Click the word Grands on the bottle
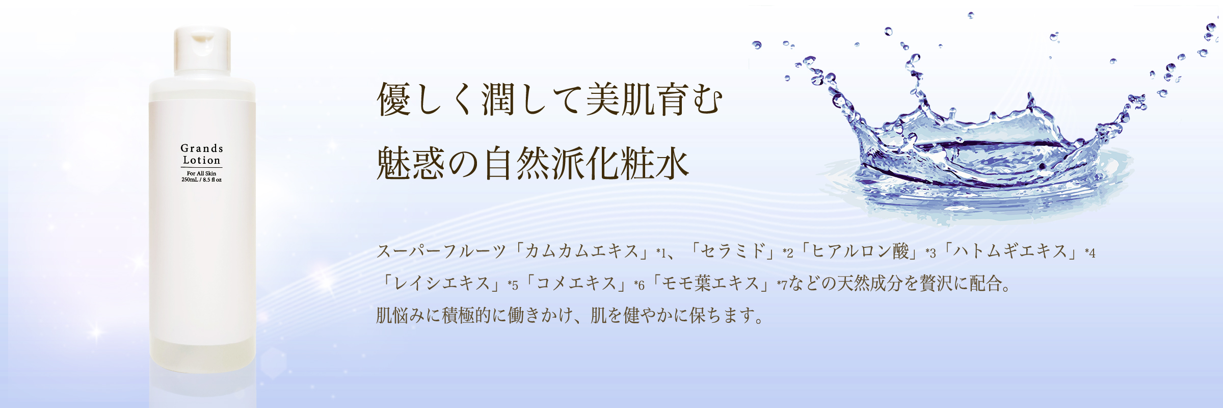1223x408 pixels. tap(202, 148)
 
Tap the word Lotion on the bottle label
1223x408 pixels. tap(202, 160)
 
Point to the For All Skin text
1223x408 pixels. tap(201, 173)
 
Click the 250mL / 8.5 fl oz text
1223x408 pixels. tap(202, 180)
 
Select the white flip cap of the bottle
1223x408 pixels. tap(202, 52)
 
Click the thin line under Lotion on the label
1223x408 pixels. tap(202, 167)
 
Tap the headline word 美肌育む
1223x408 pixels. tap(654, 99)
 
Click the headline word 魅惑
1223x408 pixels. tap(410, 164)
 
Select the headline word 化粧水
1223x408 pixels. tap(637, 164)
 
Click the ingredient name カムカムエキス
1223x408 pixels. tap(581, 251)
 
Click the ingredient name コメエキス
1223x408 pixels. tap(576, 283)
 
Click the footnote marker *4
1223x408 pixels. tap(1090, 252)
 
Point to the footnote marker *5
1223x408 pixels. tap(513, 285)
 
